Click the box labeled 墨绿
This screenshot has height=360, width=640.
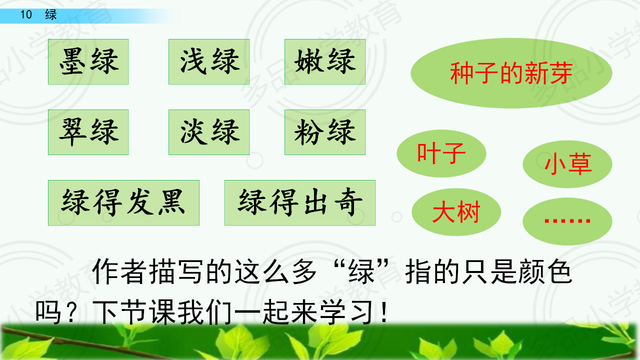click(88, 61)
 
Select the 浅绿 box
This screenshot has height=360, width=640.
click(209, 61)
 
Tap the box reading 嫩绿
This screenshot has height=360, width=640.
click(325, 61)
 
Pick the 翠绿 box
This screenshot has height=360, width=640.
click(88, 132)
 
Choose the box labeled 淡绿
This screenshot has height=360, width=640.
click(209, 132)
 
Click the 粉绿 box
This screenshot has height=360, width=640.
click(325, 132)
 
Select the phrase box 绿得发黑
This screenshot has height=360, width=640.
click(123, 203)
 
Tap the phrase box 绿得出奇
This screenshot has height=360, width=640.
click(299, 203)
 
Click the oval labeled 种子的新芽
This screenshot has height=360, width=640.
click(511, 73)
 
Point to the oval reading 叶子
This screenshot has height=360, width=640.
click(441, 153)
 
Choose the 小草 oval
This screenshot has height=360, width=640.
click(567, 164)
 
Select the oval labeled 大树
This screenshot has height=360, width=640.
click(456, 212)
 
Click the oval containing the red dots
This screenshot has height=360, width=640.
click(567, 221)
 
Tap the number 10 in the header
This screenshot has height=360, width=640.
click(26, 14)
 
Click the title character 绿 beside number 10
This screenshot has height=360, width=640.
click(51, 14)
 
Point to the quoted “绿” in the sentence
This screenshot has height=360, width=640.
click(361, 271)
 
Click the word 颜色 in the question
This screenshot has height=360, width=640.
click(545, 271)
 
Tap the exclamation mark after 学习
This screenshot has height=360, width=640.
click(384, 312)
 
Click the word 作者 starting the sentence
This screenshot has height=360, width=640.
click(119, 271)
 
